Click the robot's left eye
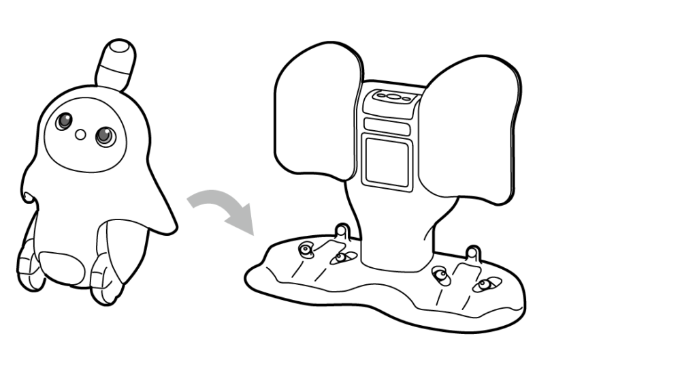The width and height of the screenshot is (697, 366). (65, 122)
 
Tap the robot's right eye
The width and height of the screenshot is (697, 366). (105, 136)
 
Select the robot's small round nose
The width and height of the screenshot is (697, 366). (81, 134)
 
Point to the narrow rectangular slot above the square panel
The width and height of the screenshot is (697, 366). (386, 125)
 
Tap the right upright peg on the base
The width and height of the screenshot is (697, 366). (473, 254)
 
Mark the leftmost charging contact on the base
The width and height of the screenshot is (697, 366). (306, 249)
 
